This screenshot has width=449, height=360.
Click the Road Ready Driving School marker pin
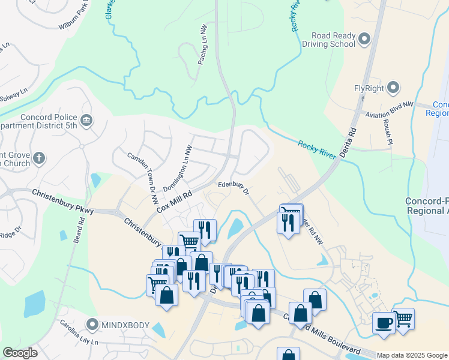364,40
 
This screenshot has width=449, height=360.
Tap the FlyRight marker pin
394,88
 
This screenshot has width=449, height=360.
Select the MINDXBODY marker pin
92,325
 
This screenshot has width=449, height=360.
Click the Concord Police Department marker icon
86,121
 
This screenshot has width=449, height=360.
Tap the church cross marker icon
39,158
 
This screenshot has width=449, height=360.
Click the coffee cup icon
384,322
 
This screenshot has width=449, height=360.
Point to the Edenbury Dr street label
234,188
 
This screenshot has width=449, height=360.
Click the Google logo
20,353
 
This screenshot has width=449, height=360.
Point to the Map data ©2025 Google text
412,355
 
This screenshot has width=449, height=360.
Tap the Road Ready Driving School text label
330,40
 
